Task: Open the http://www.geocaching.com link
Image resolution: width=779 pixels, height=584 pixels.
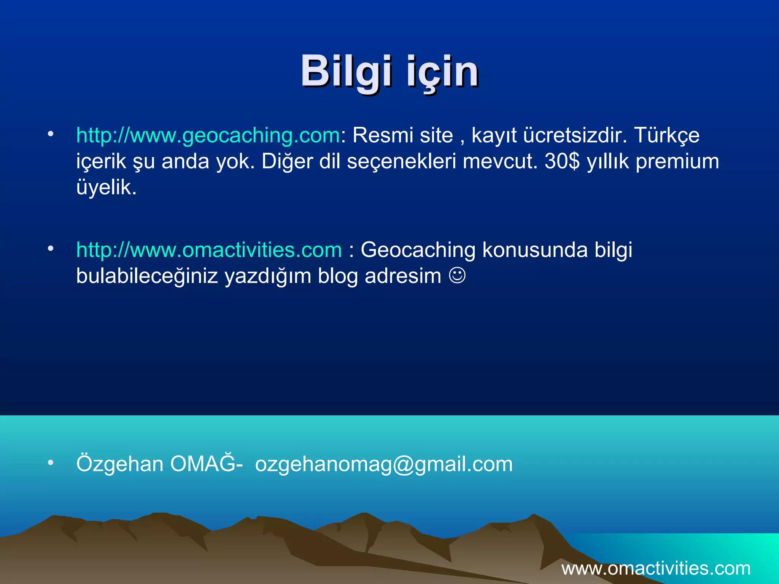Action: coord(208,135)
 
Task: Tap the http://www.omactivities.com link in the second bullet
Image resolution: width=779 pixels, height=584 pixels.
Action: coord(209,250)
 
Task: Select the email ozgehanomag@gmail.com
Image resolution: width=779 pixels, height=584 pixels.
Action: coord(384,464)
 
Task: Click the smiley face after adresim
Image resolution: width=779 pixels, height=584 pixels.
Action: coord(457,275)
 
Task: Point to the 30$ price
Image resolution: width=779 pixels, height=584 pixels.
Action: coord(562,161)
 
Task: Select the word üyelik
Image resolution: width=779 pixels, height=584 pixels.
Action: coord(106,187)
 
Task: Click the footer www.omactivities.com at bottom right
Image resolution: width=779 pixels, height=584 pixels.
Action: coord(656,568)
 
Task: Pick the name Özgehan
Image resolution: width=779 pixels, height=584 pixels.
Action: coord(120,464)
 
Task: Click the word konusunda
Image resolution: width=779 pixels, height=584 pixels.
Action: coord(535,250)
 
